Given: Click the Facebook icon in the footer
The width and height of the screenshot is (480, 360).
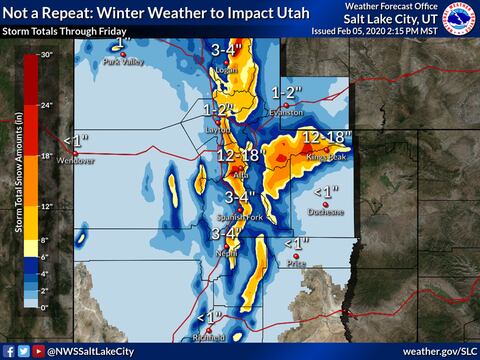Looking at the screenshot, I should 8,351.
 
